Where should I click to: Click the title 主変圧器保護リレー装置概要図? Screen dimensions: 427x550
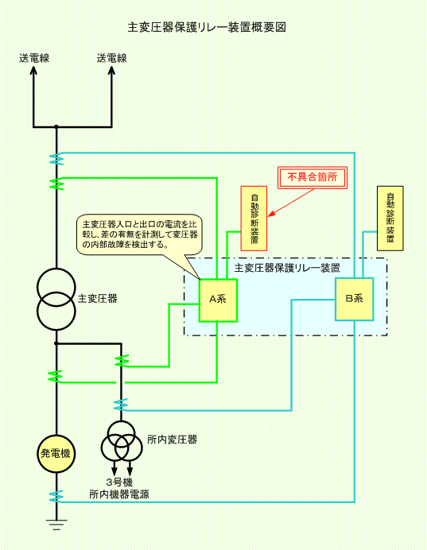tap(207, 27)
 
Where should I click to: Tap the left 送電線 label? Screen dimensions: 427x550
tap(34, 58)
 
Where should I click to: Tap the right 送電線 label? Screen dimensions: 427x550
tap(111, 58)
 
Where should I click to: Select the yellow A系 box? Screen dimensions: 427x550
tap(218, 300)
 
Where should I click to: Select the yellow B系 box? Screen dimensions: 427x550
tap(355, 299)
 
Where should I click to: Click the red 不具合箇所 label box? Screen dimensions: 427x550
tap(312, 177)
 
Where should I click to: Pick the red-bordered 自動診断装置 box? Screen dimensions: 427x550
tap(254, 219)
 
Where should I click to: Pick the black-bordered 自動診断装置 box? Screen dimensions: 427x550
tap(390, 219)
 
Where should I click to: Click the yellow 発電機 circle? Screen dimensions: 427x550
tap(56, 454)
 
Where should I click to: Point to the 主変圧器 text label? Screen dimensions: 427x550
tap(97, 299)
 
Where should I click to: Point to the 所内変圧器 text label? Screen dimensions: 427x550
tap(172, 440)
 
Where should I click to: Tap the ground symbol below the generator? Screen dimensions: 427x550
tap(56, 525)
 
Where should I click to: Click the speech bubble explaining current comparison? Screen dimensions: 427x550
tap(140, 234)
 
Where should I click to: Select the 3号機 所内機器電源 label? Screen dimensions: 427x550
tap(119, 489)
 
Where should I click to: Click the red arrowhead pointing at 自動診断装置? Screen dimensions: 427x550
tap(271, 214)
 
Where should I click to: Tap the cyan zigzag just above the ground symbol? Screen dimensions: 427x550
tap(56, 496)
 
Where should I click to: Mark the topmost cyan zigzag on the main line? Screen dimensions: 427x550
tap(56, 160)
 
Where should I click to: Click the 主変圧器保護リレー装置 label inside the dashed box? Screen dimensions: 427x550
tap(287, 269)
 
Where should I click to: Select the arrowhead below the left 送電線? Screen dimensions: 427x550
tap(33, 71)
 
